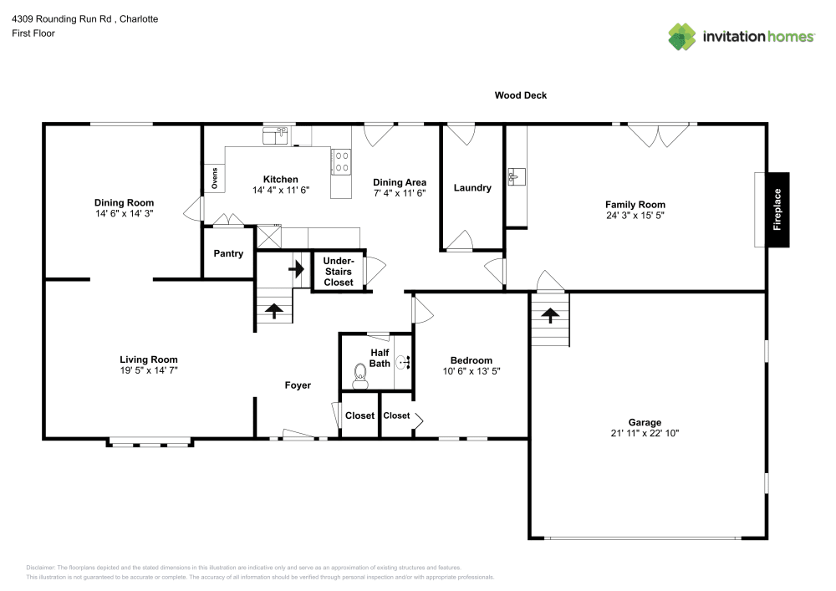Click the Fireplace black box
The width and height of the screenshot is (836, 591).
pos(777,210)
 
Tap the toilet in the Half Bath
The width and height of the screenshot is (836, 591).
pos(361,376)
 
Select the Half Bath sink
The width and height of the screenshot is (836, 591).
pos(402,363)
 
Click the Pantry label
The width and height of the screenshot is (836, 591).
pos(228,253)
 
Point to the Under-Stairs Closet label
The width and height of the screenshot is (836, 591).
pos(339,272)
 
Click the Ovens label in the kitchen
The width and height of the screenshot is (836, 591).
pos(215,179)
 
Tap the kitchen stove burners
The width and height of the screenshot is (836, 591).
pos(341,160)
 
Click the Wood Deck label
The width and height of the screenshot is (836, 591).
pos(520,95)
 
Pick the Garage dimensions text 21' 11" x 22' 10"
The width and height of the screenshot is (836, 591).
pos(645,434)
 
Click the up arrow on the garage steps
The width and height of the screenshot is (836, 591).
pos(550,315)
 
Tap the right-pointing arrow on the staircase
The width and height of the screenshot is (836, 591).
pos(296,270)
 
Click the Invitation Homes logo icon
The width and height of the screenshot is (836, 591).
pos(682,37)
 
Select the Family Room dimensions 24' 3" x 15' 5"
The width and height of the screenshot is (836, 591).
pos(635,216)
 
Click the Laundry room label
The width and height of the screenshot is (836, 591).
pos(472,188)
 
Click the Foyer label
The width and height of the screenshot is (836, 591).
pos(298,385)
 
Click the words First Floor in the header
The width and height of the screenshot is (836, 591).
pos(33,33)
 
